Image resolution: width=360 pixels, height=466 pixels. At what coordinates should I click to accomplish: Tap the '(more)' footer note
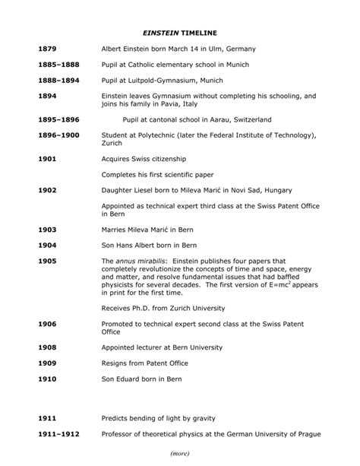179,454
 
